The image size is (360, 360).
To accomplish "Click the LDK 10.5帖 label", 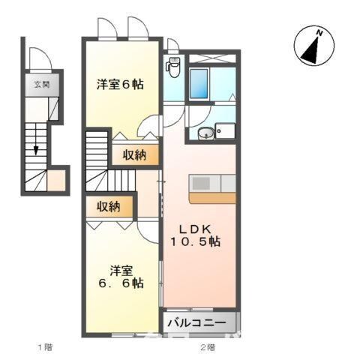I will coord(198,234).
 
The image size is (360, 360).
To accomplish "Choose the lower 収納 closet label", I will coord(109,205).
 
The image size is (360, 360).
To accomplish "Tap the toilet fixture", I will coord(173,67).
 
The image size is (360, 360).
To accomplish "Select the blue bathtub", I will coord(199,84).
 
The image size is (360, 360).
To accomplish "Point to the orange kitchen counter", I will coord(212,197).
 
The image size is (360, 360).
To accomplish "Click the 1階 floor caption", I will coord(44,347).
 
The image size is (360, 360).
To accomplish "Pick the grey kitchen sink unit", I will coord(213,182).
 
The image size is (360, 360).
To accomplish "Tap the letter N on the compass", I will coord(319,33).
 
